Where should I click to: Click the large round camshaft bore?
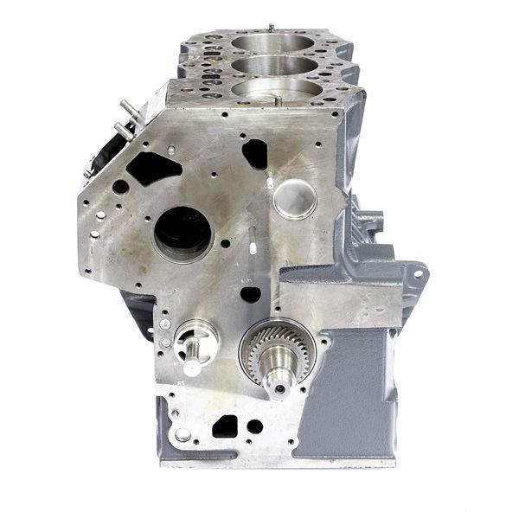pos(183,232)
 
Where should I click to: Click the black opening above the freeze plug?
pos(255,153)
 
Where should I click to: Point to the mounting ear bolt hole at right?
pos(419,275)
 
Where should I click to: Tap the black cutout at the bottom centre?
pos(225,426)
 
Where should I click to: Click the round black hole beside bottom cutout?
pos(254,426)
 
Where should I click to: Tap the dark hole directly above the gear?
pos(251,294)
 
